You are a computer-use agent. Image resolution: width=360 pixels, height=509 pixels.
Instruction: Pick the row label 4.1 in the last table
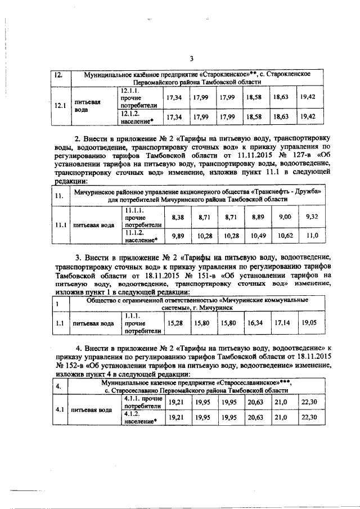(58, 409)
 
